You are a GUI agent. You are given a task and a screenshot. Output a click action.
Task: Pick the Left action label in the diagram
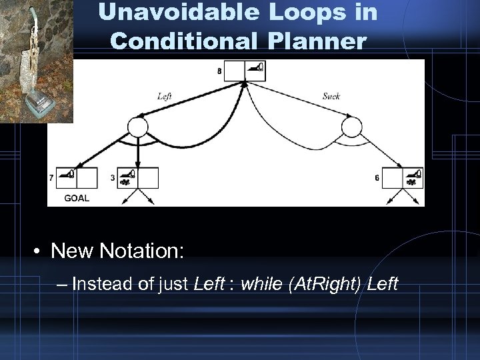[x=165, y=96]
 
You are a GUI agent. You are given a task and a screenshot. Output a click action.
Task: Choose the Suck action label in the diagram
[x=331, y=96]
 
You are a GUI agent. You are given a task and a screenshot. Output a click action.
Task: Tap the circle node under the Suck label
[x=351, y=127]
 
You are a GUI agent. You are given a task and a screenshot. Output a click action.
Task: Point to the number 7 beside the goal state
[x=52, y=178]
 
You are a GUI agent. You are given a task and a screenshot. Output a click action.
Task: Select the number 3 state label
[x=112, y=178]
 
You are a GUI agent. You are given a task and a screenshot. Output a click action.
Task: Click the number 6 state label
[x=377, y=178]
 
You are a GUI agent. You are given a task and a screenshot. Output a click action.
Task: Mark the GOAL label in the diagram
[x=77, y=198]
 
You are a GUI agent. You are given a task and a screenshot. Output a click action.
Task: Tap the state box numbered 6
[x=403, y=178]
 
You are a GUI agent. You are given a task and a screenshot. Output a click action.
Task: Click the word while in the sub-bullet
[x=261, y=284]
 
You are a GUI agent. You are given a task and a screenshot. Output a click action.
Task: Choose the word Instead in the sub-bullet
[x=97, y=284]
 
